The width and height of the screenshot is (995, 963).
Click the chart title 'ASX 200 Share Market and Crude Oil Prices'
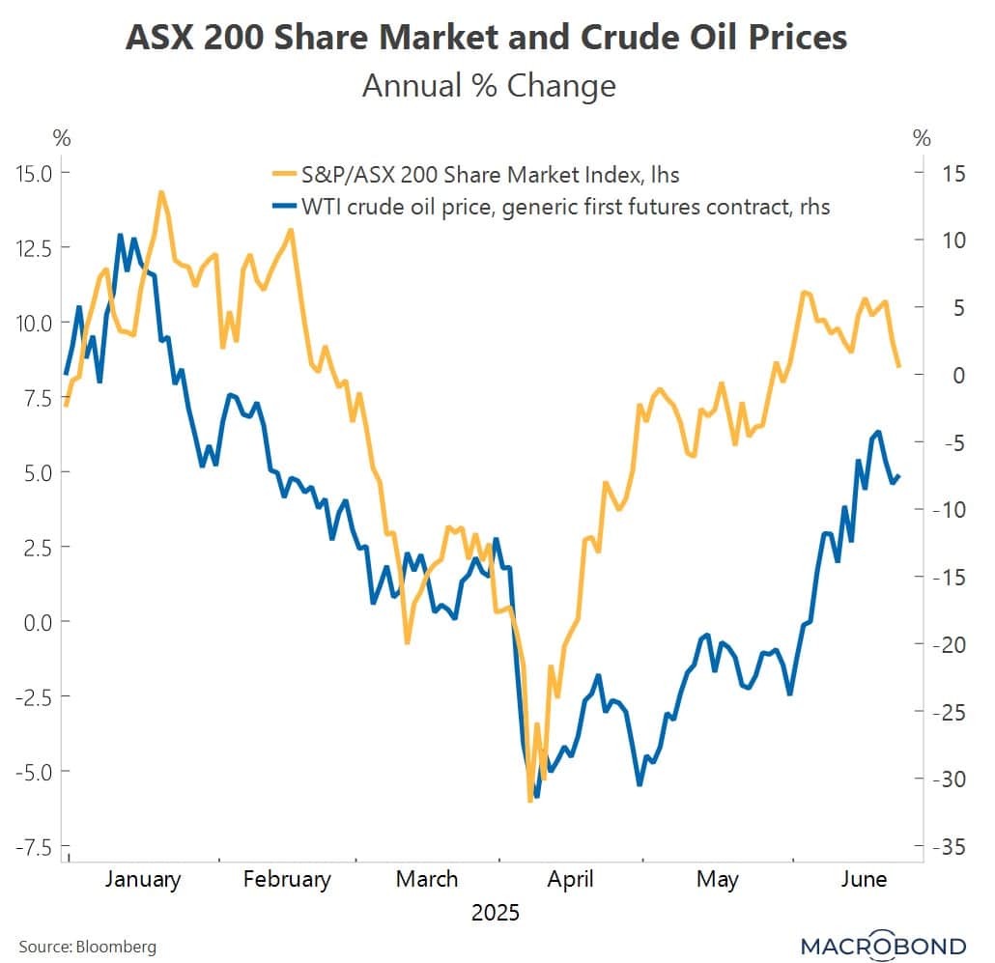(x=488, y=38)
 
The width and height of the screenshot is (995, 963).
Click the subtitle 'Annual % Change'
(x=488, y=86)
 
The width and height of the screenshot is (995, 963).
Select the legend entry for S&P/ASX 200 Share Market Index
(x=475, y=175)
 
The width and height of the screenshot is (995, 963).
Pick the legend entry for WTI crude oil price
(x=551, y=206)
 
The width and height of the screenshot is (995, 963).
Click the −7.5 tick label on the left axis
(x=36, y=847)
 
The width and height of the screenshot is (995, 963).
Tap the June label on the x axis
(x=864, y=879)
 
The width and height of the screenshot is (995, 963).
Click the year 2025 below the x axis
(x=495, y=913)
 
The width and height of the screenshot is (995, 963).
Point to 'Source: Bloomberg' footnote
(x=87, y=946)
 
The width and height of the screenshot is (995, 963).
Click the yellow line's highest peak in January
(x=160, y=192)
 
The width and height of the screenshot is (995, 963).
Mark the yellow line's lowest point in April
(x=529, y=801)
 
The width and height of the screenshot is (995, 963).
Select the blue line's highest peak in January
(x=120, y=235)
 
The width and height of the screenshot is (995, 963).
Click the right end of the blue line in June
(x=899, y=475)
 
